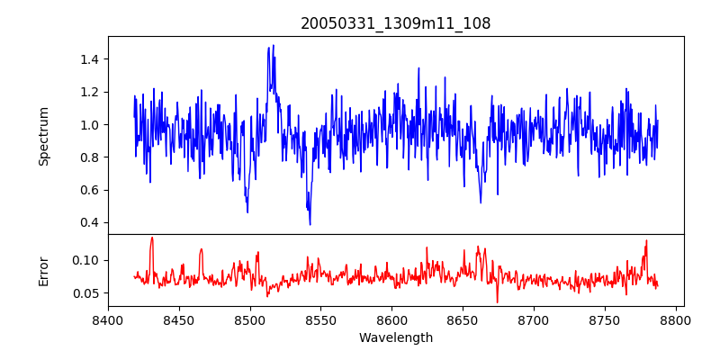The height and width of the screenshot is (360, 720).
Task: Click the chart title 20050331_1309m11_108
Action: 396,23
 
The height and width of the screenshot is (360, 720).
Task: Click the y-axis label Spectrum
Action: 44,136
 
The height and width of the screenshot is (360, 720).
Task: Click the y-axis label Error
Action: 44,270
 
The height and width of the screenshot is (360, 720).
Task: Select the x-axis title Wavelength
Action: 396,338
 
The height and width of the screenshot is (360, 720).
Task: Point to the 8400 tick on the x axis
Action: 108,319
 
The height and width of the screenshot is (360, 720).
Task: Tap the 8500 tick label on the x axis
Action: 250,319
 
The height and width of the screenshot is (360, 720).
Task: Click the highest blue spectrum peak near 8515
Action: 273,46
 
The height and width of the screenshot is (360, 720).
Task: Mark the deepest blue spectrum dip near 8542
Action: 310,224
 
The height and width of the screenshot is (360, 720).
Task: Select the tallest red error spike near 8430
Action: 152,238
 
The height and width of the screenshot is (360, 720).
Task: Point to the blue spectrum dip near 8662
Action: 481,202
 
